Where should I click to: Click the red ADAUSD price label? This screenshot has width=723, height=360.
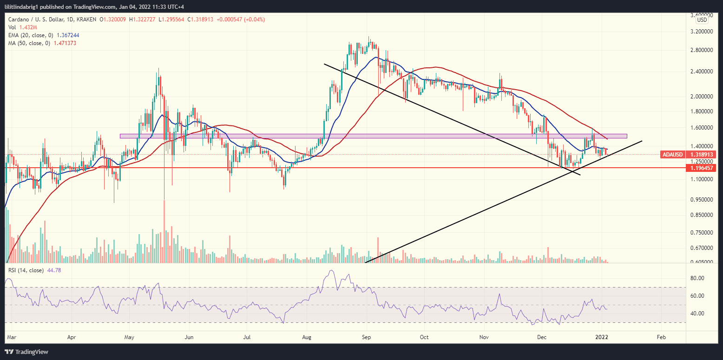click(672, 154)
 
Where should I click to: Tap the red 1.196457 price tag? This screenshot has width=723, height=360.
click(702, 167)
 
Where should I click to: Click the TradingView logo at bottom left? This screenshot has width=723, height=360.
click(27, 352)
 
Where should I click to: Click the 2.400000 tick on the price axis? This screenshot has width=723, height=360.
click(702, 72)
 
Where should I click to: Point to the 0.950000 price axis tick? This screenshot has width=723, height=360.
click(702, 199)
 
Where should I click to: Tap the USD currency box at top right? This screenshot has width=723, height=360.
click(702, 20)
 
